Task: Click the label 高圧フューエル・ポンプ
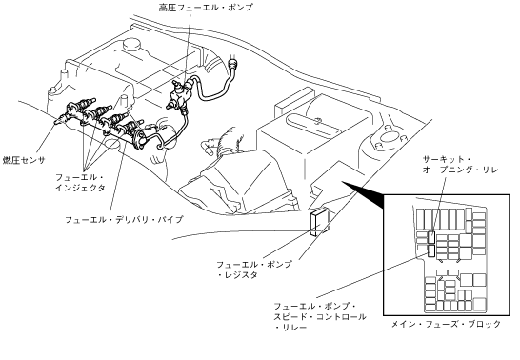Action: click(206, 7)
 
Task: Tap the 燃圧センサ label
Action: click(24, 160)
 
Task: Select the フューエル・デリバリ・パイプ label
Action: click(124, 219)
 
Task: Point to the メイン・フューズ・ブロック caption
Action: click(446, 324)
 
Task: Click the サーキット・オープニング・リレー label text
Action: click(465, 165)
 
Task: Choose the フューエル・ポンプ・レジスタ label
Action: click(254, 270)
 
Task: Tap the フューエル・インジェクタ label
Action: click(80, 182)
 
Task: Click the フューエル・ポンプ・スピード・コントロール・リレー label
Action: click(320, 316)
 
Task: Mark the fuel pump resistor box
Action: click(319, 222)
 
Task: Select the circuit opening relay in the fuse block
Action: click(431, 237)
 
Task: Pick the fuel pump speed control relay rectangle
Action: click(431, 251)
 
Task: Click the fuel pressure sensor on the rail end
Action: click(62, 119)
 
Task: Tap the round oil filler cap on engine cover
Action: click(131, 45)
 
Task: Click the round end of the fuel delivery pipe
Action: click(140, 140)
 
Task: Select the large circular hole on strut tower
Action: click(386, 137)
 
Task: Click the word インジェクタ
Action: click(80, 188)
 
